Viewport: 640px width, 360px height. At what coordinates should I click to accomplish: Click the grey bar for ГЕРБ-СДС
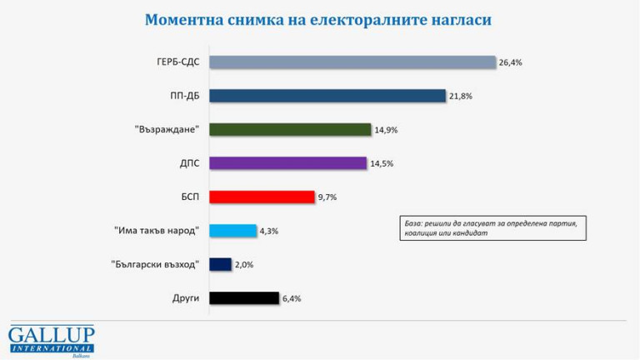352,62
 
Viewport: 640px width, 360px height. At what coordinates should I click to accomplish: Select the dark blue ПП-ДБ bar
327,96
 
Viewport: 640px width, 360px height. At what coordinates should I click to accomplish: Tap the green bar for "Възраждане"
289,129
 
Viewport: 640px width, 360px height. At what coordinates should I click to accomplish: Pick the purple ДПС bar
287,163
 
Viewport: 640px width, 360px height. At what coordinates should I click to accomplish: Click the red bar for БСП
262,197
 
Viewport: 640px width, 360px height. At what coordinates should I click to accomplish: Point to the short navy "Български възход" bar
220,264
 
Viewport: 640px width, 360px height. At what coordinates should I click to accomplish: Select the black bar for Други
243,297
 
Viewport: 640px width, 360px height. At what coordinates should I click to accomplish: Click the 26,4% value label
510,62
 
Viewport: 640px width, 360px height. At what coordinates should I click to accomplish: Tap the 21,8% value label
461,96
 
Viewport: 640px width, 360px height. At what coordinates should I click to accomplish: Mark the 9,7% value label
327,197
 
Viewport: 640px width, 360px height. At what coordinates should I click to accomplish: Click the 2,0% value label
244,264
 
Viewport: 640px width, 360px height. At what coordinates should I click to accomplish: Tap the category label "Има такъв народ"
157,231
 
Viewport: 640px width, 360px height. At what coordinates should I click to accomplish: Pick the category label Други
185,297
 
